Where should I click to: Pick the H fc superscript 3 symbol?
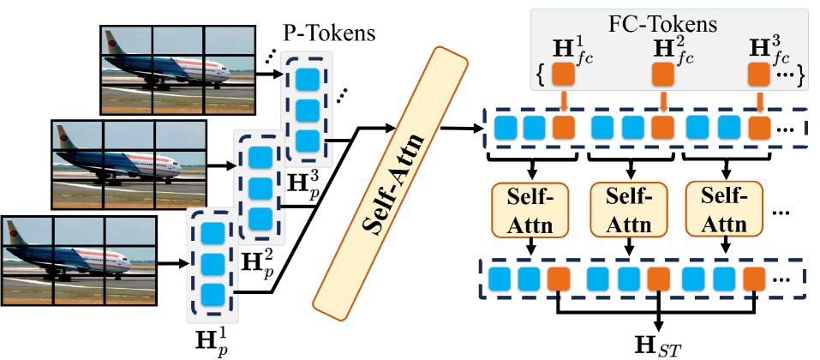[759, 50]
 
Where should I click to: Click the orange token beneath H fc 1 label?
[563, 75]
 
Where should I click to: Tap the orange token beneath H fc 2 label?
[662, 75]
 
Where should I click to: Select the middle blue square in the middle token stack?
[260, 188]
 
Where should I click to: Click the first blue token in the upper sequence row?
[506, 128]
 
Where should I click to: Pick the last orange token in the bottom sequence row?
[754, 279]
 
